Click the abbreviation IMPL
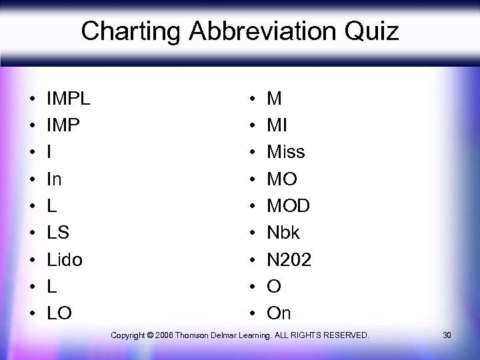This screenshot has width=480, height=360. (x=69, y=99)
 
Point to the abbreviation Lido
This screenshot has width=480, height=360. (x=65, y=259)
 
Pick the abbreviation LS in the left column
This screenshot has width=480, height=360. (x=57, y=233)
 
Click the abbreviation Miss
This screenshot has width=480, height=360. (x=285, y=152)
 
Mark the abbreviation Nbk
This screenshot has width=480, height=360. (x=283, y=233)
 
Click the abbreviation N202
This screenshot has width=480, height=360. (x=289, y=259)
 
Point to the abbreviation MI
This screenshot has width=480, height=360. (x=277, y=125)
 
